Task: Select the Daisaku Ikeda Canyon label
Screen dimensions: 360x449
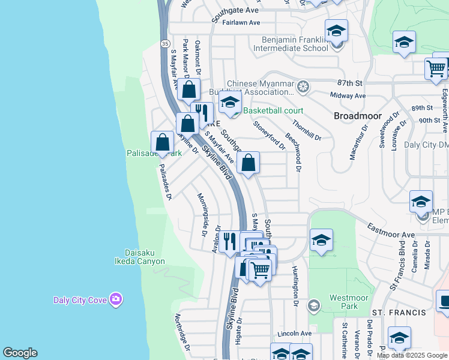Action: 140,257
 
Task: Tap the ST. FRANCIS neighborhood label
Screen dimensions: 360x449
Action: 399,313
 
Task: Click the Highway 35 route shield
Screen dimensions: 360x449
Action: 164,43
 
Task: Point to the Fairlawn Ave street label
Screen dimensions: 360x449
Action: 241,22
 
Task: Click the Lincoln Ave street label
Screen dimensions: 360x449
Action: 295,334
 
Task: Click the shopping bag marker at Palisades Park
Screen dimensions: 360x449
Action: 162,143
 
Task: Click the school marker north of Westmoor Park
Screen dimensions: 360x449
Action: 322,241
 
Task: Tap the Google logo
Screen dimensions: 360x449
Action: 20,353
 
